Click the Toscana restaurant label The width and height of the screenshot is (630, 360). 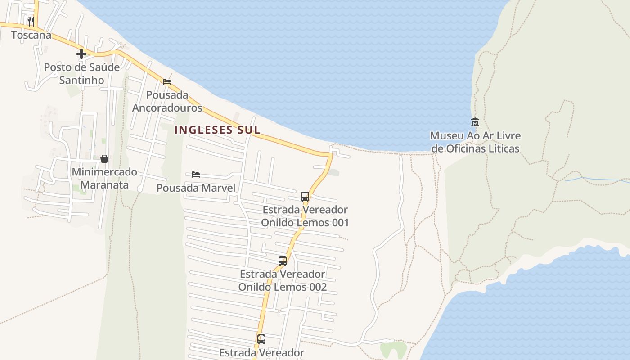point(31,35)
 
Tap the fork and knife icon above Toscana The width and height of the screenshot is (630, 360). point(31,21)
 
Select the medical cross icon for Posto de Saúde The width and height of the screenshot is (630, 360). point(81,54)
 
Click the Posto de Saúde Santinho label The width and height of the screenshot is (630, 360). point(81,74)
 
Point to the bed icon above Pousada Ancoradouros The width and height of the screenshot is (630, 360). point(167,82)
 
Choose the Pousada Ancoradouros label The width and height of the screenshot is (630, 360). point(167,102)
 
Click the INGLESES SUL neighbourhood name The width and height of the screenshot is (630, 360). point(217,130)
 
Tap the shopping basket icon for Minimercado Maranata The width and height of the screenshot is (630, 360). point(104,159)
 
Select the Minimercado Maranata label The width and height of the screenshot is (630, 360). point(104,178)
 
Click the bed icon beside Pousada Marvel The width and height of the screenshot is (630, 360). point(195,175)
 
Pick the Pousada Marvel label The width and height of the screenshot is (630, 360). point(196,188)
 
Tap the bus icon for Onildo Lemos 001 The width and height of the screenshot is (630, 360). point(305,197)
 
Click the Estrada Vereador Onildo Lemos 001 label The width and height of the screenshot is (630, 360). point(305,216)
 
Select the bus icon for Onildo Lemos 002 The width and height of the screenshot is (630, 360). point(283,261)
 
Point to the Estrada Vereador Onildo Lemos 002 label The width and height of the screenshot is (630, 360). point(283,280)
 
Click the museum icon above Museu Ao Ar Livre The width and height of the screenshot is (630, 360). point(475,122)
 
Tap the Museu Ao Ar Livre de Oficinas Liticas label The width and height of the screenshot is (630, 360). point(475,142)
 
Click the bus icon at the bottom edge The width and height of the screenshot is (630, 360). point(261,339)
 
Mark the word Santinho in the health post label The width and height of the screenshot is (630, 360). point(81,81)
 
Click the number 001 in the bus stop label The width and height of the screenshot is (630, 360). point(337,223)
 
